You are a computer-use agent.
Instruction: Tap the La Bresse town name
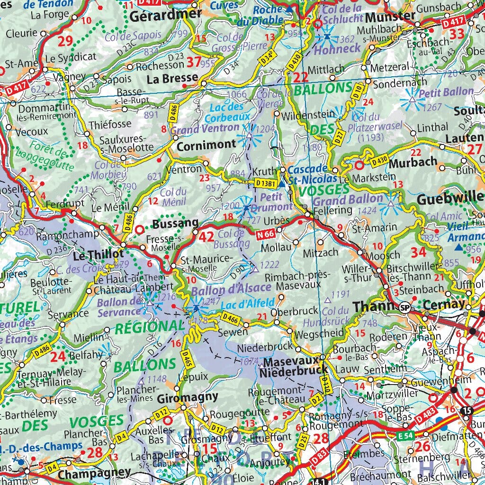[172, 78]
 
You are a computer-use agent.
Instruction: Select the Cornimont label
[206, 146]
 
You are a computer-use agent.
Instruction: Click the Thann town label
[374, 307]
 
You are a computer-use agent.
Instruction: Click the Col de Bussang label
[232, 238]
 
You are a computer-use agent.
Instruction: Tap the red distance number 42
[207, 237]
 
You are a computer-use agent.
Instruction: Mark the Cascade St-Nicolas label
[313, 174]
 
